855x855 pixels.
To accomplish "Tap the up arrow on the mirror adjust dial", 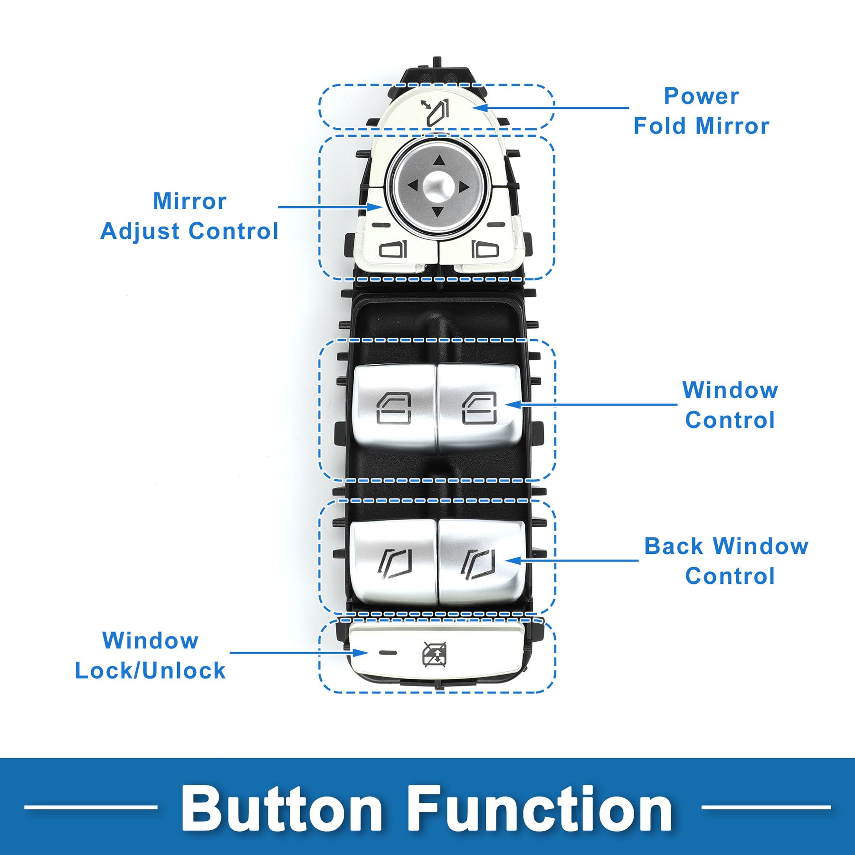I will pos(439,161).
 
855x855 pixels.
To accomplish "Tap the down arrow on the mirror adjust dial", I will pos(438,211).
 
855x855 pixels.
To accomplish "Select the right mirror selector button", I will pos(484,249).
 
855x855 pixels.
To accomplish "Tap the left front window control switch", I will pos(394,408).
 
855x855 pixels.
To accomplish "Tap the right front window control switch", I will pos(480,408).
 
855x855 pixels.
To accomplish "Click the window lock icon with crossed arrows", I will pos(435,654).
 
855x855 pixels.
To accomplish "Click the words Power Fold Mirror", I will pos(702,111).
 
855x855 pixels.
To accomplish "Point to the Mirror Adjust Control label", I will pos(190,216).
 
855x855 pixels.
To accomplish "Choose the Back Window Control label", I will pos(726,561).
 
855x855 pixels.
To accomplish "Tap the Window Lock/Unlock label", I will pos(150,655).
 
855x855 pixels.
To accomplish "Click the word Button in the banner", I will pos(282,808).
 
